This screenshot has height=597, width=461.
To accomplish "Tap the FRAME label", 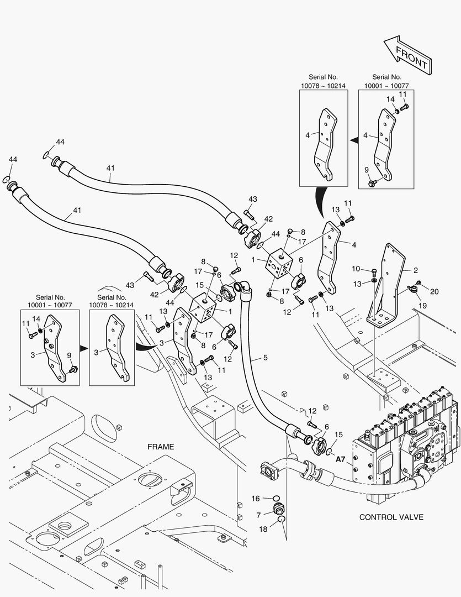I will [x=161, y=446].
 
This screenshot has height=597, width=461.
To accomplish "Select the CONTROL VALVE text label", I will [x=391, y=517].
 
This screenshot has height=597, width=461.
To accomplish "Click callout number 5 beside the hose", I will [x=266, y=358].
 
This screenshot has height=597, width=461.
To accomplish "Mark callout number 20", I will [x=434, y=292].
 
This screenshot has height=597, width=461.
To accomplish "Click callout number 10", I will [x=357, y=269].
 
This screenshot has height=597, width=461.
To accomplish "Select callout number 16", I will [x=256, y=499].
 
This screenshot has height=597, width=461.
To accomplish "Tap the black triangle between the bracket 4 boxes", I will [x=354, y=141].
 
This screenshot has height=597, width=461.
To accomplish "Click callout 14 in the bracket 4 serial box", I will [x=390, y=99].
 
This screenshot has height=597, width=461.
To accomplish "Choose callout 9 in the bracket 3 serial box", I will [x=69, y=355].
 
